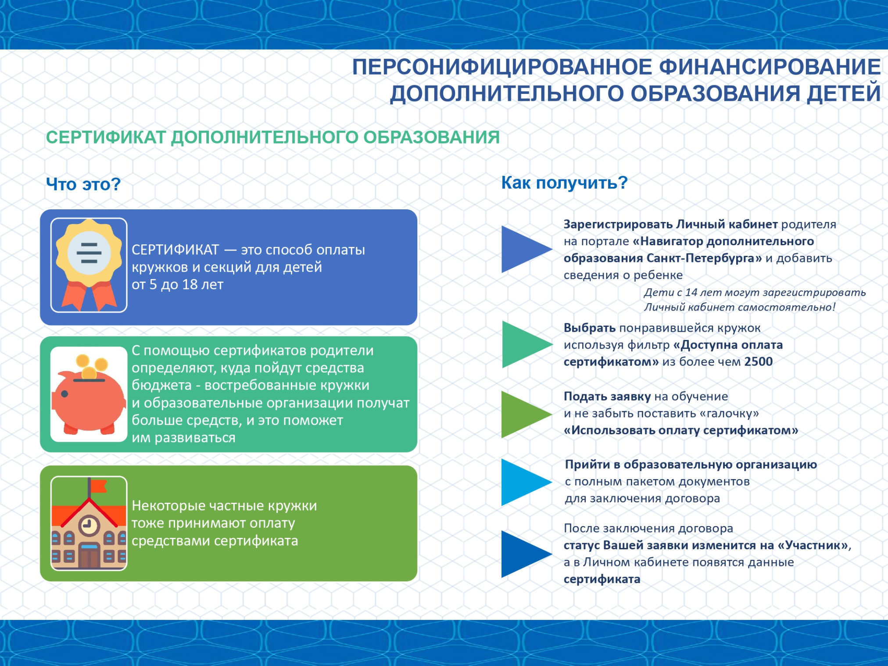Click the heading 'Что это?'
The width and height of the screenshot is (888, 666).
83,184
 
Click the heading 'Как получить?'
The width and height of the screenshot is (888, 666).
564,183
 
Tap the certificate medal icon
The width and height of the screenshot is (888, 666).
89,265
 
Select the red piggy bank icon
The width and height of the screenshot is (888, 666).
89,395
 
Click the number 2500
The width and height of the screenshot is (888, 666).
758,362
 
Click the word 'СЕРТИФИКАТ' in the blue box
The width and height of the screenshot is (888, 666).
175,250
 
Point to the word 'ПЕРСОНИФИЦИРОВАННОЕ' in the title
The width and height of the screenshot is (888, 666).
502,67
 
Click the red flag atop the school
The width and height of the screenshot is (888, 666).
98,485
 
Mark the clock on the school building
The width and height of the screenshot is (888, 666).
89,525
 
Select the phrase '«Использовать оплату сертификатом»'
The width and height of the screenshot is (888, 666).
680,430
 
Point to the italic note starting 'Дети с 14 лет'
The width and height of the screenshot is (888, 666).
755,300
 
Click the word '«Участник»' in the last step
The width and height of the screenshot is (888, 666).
813,545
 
